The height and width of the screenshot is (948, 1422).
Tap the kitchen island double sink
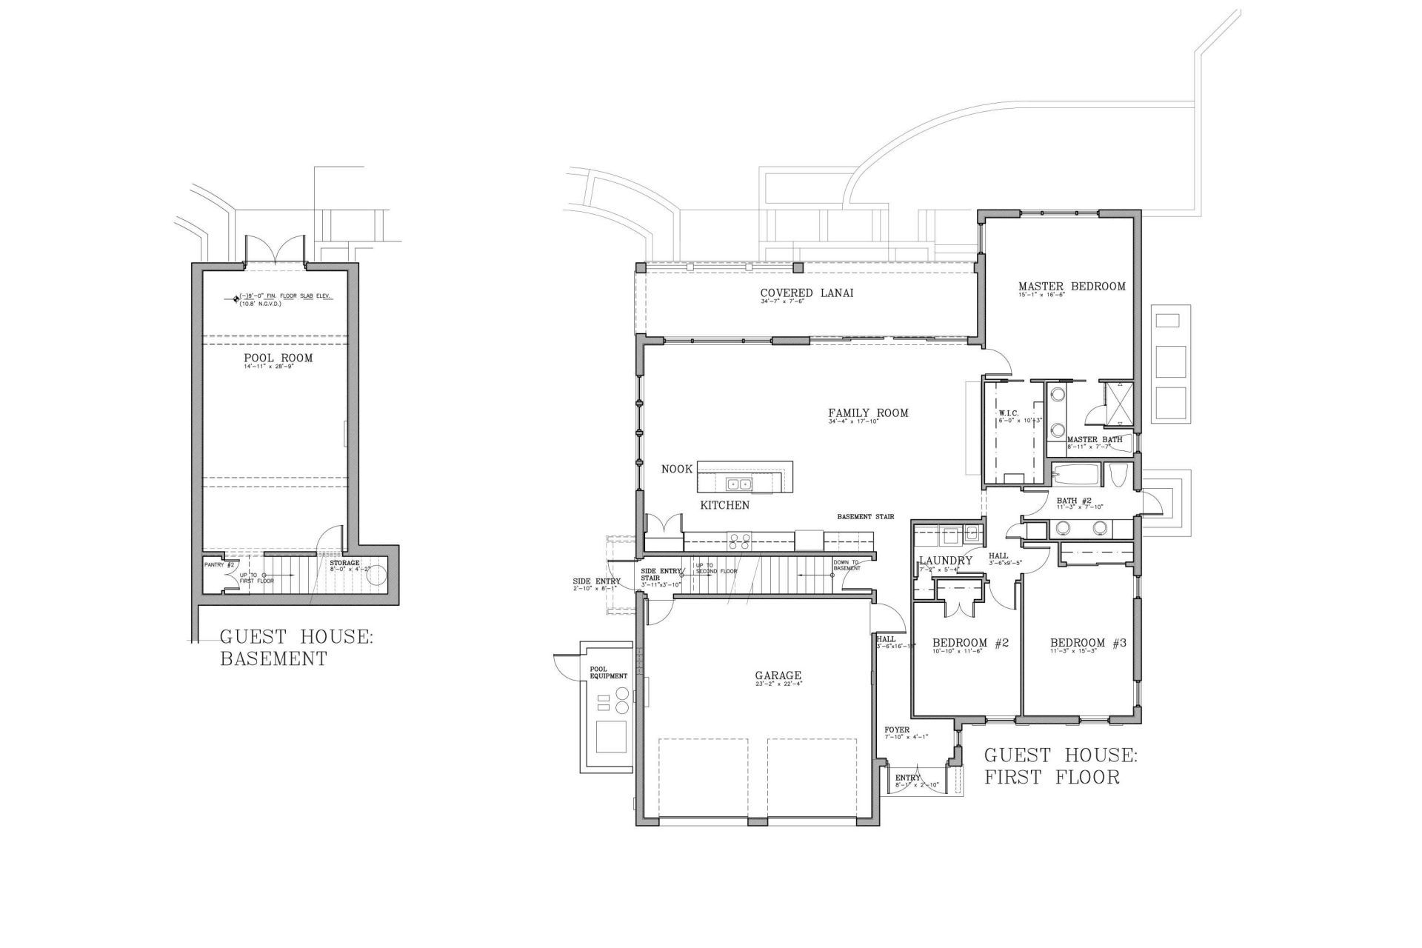(738, 485)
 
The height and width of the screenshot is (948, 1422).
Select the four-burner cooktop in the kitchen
(739, 541)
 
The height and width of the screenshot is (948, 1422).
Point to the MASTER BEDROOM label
(1071, 287)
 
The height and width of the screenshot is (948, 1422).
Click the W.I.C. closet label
(1009, 413)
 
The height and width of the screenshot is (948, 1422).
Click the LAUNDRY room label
(945, 561)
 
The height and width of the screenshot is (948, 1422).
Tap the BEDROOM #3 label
(1087, 643)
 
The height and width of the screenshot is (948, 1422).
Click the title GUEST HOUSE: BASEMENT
(296, 647)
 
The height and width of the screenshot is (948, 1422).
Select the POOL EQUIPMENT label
(608, 672)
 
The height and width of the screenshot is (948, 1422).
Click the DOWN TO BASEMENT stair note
(845, 565)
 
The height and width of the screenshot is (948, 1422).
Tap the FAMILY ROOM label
(868, 413)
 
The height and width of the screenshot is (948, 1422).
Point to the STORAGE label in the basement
(344, 563)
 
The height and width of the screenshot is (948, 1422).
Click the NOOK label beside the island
(676, 469)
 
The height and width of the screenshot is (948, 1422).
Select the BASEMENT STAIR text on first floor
(866, 517)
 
